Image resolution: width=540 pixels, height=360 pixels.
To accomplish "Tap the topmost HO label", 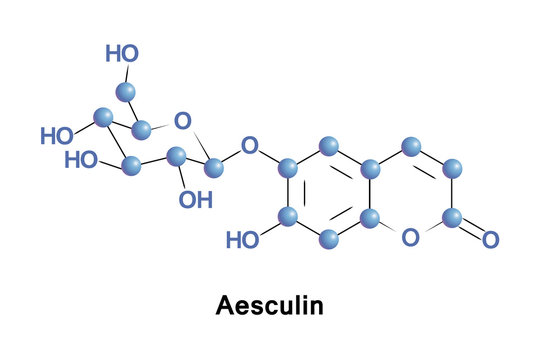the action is [122, 53].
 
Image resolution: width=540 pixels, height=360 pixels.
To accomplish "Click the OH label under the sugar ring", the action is [195, 200].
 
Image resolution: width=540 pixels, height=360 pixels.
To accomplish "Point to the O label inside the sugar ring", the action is [182, 121].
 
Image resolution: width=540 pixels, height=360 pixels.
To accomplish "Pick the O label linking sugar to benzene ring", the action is [250, 148].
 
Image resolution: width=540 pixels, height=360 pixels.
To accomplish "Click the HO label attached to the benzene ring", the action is [243, 240].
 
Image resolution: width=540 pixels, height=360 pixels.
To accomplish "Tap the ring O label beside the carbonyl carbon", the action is [410, 238].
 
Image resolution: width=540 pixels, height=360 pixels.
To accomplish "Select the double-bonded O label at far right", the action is [490, 240].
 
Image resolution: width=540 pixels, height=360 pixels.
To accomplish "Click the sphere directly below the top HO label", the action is [126, 92].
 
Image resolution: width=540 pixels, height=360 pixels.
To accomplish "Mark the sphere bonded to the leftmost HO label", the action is [102, 118].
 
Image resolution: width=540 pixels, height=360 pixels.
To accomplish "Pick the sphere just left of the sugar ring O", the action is [141, 129].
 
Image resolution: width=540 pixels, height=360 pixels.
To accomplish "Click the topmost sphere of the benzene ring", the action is [329, 147].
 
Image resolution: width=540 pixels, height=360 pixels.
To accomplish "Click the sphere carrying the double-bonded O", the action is [451, 216].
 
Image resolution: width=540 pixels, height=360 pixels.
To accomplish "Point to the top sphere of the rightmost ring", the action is [410, 148].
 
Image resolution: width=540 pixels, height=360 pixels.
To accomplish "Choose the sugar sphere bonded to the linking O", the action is [213, 167].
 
